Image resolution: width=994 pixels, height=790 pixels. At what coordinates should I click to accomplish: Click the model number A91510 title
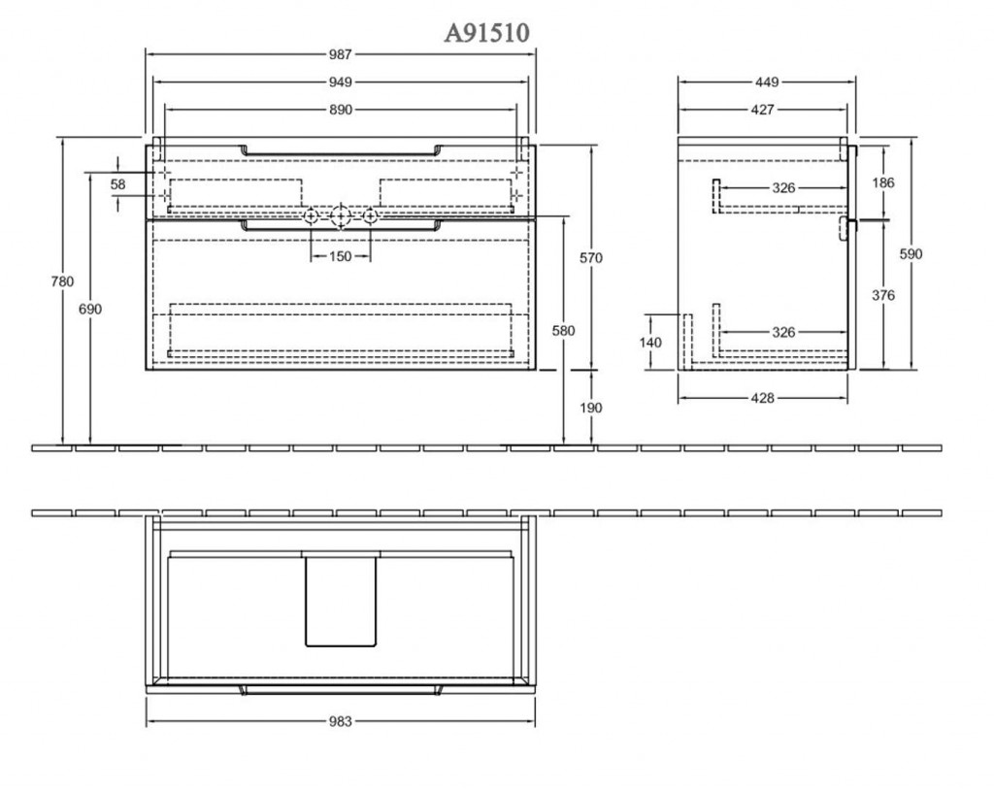tap(486, 32)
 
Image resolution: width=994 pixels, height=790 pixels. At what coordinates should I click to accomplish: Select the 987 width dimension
tap(341, 54)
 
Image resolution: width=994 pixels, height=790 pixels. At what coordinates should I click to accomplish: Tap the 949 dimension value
tap(341, 82)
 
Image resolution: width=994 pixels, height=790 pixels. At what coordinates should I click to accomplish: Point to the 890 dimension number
tap(341, 110)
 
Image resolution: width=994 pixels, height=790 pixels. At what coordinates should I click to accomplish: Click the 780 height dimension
tap(62, 280)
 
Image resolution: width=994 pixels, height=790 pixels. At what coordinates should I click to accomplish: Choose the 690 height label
tap(90, 309)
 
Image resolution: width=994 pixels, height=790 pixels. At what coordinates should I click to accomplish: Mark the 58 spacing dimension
tap(117, 184)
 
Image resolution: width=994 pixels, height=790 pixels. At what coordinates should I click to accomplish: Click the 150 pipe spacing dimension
tap(341, 257)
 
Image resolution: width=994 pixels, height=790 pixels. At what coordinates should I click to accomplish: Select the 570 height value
tap(591, 257)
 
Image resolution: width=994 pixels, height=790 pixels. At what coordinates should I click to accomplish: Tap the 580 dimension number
tap(563, 330)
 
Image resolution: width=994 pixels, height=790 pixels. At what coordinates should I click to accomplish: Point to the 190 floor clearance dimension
tap(591, 408)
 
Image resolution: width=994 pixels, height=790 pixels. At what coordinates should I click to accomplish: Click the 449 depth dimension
tap(767, 82)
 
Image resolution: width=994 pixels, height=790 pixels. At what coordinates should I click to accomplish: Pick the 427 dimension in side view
tap(763, 110)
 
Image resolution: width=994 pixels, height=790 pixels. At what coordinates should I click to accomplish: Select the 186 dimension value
tap(883, 182)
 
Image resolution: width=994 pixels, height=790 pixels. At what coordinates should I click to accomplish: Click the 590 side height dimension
tap(911, 253)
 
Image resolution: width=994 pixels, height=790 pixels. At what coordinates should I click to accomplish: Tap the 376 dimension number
tap(883, 295)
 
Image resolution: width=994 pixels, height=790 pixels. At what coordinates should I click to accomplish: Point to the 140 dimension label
tap(650, 343)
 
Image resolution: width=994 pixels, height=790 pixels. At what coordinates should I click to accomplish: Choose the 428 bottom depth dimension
tap(763, 398)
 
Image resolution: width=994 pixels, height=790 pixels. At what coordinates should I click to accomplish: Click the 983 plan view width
tap(341, 721)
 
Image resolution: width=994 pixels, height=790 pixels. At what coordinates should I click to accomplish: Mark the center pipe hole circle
tap(341, 216)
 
